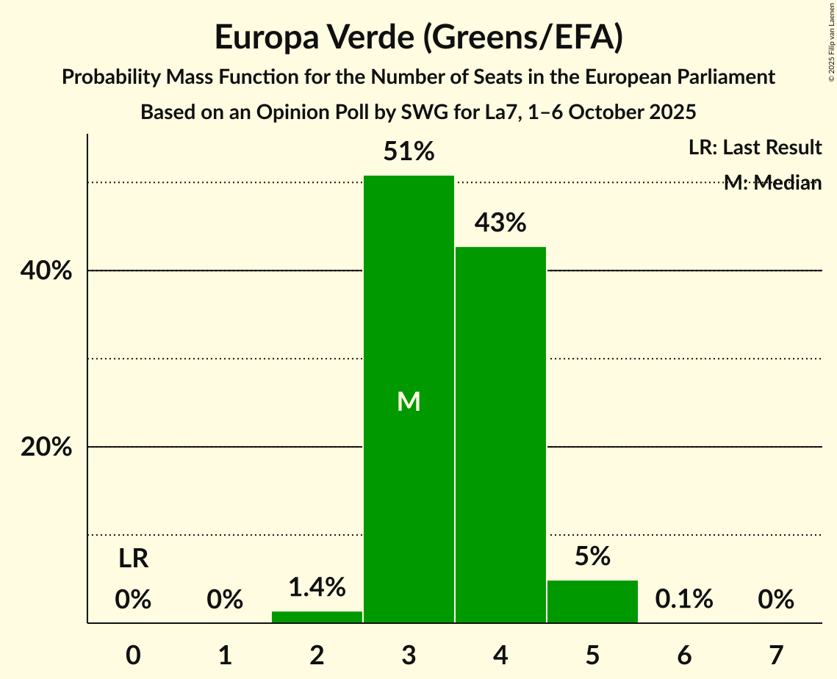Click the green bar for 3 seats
click(409, 309)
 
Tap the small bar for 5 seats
click(592, 602)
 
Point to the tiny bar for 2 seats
click(317, 617)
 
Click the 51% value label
click(409, 152)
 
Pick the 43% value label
click(500, 223)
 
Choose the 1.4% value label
click(317, 587)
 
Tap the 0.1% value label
click(684, 600)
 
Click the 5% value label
click(592, 556)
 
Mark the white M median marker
click(409, 401)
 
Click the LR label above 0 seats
click(133, 559)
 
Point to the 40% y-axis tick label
click(46, 271)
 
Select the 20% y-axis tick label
click(46, 448)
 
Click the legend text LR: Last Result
click(755, 148)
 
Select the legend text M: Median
click(772, 183)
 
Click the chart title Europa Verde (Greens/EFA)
click(418, 38)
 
